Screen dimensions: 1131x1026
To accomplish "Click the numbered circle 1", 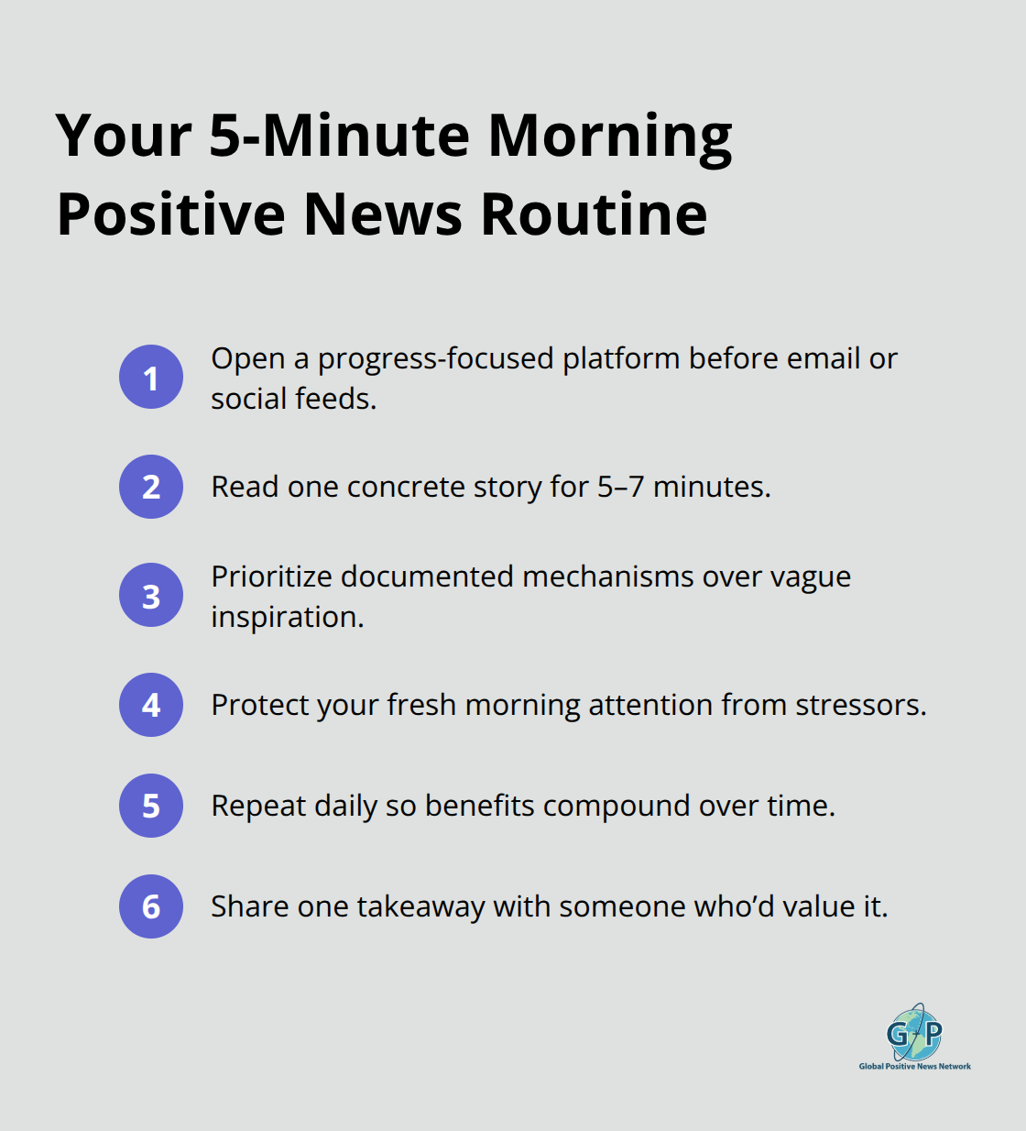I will [x=151, y=377].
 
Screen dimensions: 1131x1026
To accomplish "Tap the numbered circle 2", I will [x=151, y=487].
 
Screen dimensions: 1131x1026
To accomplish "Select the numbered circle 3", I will [x=151, y=596].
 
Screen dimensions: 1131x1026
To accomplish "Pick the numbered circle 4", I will [x=151, y=705].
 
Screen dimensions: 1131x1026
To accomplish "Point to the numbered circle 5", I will [x=151, y=806].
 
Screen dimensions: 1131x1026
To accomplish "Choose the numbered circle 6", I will [x=151, y=906].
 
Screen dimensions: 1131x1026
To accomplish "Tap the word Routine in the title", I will [x=594, y=214].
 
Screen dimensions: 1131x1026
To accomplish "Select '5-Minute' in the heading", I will [x=339, y=136].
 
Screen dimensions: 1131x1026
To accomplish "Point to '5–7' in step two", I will [x=620, y=487].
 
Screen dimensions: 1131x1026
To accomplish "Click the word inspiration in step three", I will [x=287, y=617].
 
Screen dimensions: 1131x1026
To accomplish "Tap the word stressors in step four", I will [x=860, y=705].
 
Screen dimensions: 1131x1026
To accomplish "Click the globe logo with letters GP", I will [x=914, y=1033].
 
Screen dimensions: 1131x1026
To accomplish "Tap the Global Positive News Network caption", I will [x=914, y=1066].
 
